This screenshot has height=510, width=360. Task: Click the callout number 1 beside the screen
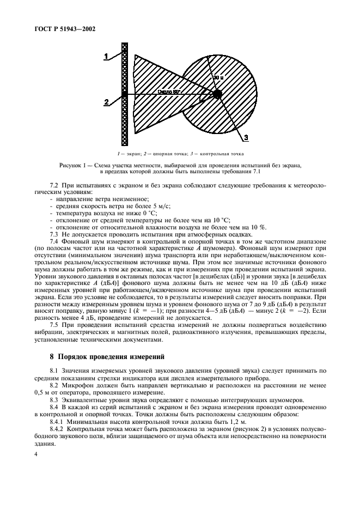click(x=107, y=54)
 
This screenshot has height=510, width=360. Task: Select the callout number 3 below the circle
click(x=246, y=137)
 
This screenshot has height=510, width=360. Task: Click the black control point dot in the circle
click(x=217, y=94)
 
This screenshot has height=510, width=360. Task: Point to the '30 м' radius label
click(x=218, y=78)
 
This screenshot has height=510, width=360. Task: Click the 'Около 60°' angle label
click(x=170, y=92)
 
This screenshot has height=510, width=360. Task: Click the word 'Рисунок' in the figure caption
click(x=74, y=165)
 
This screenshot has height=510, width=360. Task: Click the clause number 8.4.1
click(x=57, y=422)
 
